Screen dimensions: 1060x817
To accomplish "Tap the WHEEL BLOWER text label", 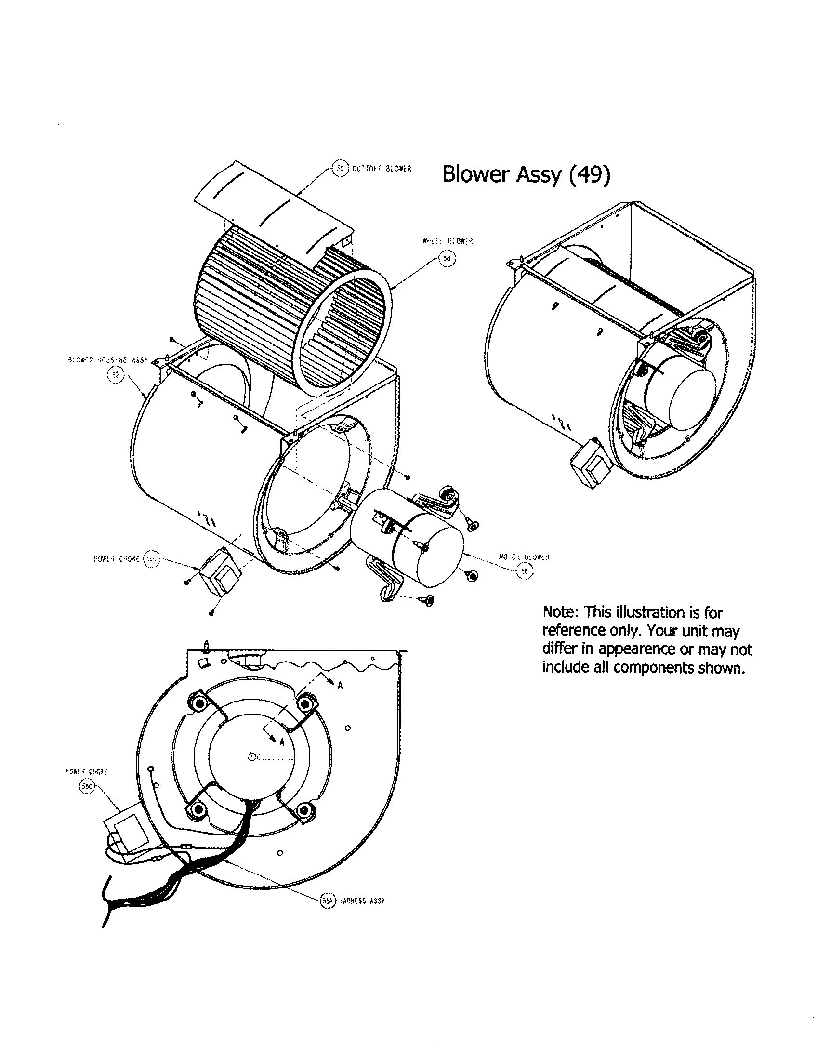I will click(448, 241).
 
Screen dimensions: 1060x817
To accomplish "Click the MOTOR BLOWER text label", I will click(524, 557).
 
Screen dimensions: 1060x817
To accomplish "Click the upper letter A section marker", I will click(340, 685).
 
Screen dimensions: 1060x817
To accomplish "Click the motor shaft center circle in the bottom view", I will click(251, 756).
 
